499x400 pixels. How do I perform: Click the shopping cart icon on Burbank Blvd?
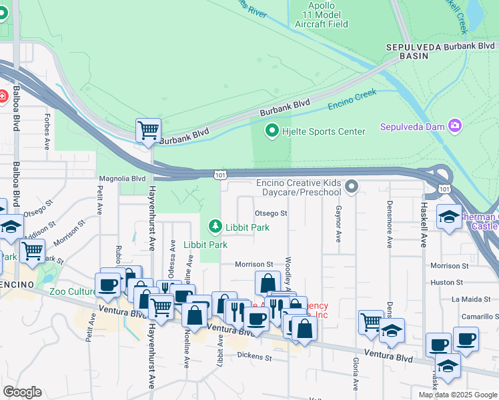click(x=148, y=129)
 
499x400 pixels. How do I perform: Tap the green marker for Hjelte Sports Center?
click(x=272, y=131)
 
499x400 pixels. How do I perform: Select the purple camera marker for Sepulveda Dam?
click(x=455, y=126)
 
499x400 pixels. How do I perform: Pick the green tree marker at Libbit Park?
click(x=215, y=227)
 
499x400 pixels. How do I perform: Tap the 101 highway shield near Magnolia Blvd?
click(x=219, y=175)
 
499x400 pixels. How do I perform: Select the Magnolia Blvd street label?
click(x=122, y=179)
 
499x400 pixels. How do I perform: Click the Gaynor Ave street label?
click(x=338, y=224)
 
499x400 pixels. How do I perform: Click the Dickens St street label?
click(x=255, y=357)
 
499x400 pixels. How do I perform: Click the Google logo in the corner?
click(x=22, y=392)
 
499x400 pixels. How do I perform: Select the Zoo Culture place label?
click(x=74, y=291)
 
